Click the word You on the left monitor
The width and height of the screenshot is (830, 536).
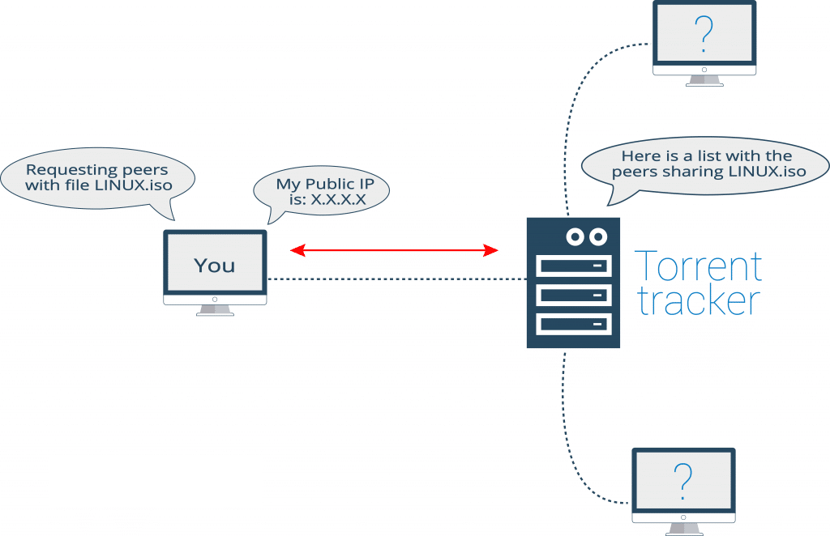click(x=215, y=266)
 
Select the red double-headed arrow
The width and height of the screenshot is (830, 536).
click(x=394, y=251)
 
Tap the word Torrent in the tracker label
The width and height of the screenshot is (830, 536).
click(x=697, y=266)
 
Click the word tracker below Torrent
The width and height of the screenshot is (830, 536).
click(x=697, y=300)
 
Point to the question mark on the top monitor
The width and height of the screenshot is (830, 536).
click(x=704, y=34)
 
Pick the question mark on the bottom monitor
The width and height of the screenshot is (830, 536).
click(x=683, y=482)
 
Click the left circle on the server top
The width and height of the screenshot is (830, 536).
click(x=576, y=236)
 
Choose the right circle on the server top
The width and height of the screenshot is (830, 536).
click(x=598, y=236)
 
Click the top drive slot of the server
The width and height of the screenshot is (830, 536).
click(x=573, y=266)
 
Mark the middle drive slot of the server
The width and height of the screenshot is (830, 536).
click(x=573, y=295)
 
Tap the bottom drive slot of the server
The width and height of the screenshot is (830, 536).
click(x=573, y=324)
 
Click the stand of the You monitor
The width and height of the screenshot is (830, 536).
click(x=215, y=308)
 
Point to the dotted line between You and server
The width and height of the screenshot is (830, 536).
click(x=397, y=279)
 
